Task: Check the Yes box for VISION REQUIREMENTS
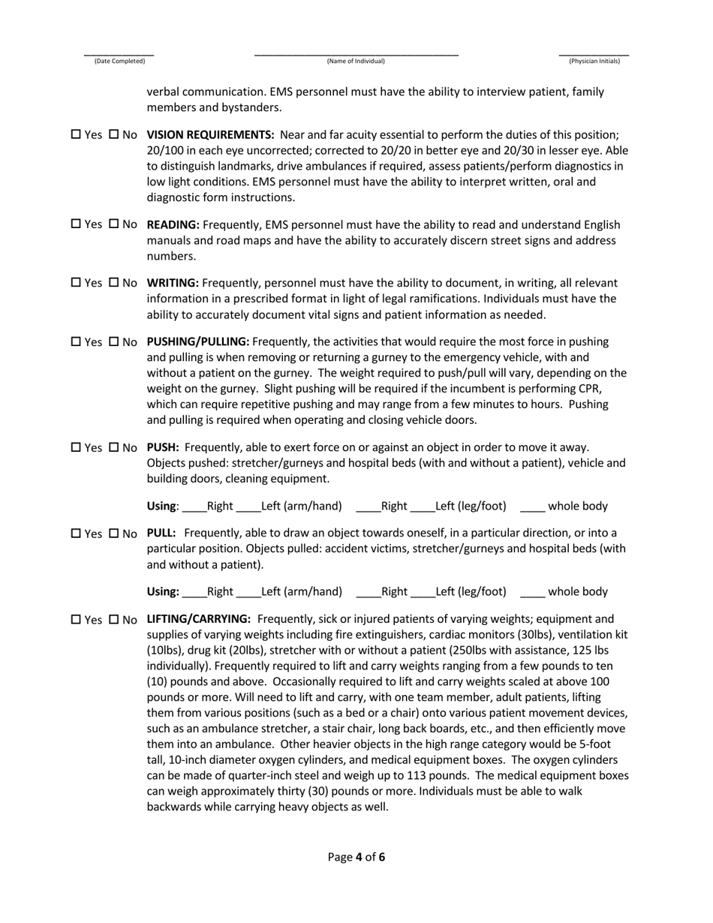click(x=76, y=135)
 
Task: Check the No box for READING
click(x=114, y=224)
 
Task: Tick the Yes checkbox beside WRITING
click(x=76, y=283)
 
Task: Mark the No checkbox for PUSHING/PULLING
click(x=114, y=341)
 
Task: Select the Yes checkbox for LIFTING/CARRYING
click(x=76, y=620)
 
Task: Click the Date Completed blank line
click(x=119, y=53)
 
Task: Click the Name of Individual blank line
click(x=356, y=53)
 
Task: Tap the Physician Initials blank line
click(x=594, y=53)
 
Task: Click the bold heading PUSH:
click(x=162, y=447)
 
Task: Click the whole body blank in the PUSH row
click(x=532, y=507)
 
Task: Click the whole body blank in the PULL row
click(x=532, y=593)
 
